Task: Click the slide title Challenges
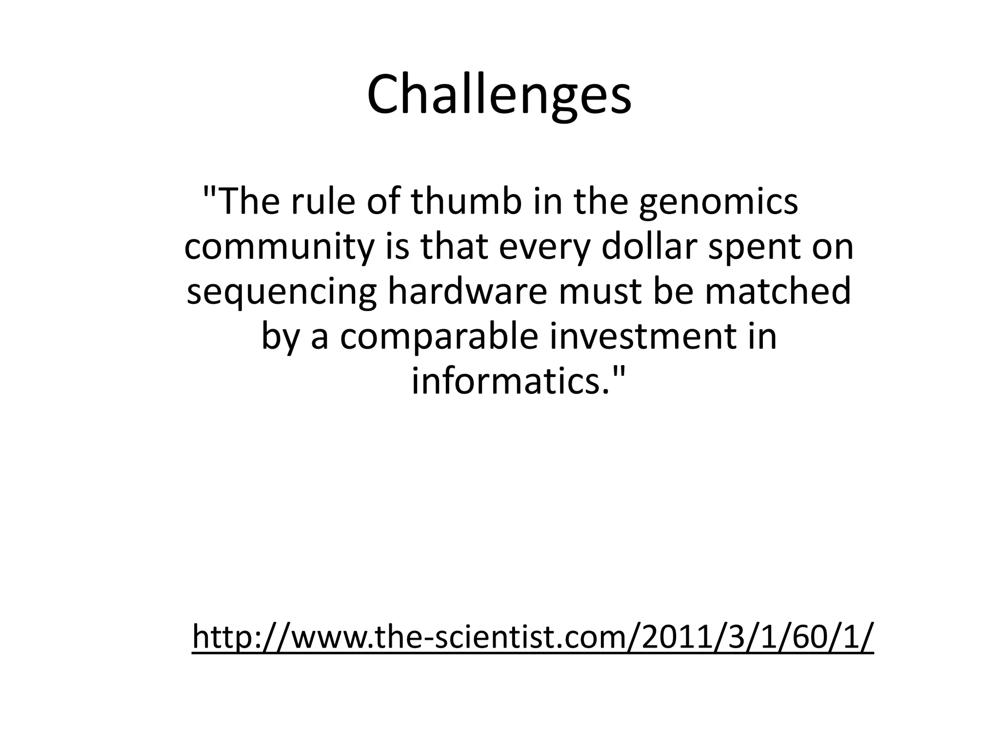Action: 499,96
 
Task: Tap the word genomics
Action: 719,203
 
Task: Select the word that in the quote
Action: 454,246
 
